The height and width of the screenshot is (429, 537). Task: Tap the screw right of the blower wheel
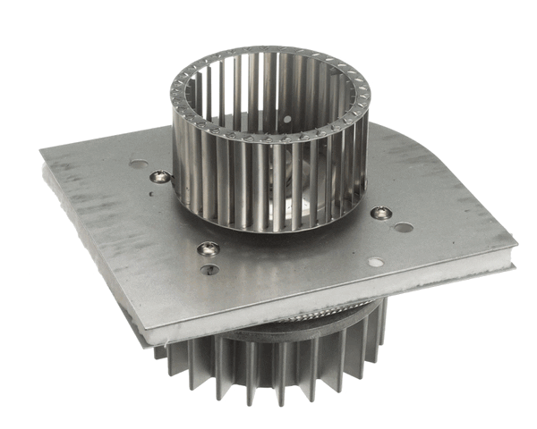tap(380, 213)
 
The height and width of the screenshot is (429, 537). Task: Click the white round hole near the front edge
tap(375, 263)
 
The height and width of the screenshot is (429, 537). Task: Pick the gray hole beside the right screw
tap(404, 228)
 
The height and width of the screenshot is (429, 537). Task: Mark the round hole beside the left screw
tap(138, 165)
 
